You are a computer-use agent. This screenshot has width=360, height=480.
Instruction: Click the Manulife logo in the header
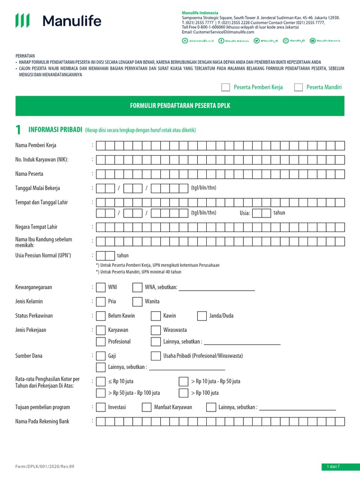coord(58,21)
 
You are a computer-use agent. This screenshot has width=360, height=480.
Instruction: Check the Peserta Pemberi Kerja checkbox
coord(225,87)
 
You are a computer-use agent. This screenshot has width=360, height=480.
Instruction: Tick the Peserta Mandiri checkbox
coord(298,87)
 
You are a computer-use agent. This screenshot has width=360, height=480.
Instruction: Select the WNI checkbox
coord(100,287)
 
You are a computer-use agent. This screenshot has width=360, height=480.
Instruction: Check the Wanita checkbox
coord(137,301)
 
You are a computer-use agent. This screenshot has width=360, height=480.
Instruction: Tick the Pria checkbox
coord(100,301)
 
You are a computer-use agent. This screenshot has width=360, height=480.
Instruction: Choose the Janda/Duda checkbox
coord(202,316)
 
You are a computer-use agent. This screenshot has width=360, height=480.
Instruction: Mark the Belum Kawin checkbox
coord(100,316)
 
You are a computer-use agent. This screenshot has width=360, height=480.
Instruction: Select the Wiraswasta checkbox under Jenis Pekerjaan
coord(156,330)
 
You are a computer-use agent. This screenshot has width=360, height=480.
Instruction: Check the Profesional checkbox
coord(100,341)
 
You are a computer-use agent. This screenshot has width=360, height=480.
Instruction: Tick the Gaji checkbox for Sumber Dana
coord(100,356)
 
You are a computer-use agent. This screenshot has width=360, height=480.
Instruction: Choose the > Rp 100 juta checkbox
coord(183,393)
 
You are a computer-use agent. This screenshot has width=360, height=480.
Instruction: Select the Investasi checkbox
coord(100,407)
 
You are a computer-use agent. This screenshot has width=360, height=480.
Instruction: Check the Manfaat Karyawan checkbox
coord(146,407)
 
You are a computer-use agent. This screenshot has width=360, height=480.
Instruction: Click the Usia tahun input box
coord(262,213)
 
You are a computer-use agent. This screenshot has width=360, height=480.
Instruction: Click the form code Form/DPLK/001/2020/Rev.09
coord(45,467)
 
